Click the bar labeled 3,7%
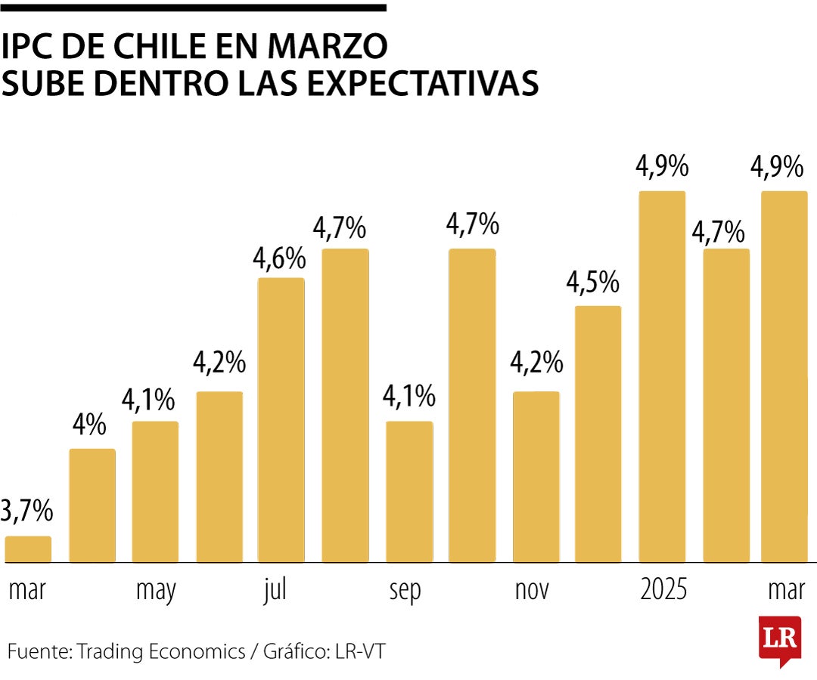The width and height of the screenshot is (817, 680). click(28, 549)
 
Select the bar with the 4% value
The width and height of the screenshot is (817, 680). click(92, 505)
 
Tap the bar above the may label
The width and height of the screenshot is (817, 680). click(155, 492)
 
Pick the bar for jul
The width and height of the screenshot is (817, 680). click(281, 420)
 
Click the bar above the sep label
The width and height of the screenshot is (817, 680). click(409, 492)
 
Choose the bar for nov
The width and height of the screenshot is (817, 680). click(536, 477)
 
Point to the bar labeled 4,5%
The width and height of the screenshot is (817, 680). click(598, 434)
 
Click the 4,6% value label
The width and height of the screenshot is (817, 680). click(279, 258)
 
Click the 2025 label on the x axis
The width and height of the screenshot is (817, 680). click(663, 589)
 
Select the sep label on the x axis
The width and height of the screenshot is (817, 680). click(405, 591)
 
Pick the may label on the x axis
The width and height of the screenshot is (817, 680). click(156, 591)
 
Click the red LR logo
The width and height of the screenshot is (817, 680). click(779, 639)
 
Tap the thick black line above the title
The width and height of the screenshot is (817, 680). click(193, 8)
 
